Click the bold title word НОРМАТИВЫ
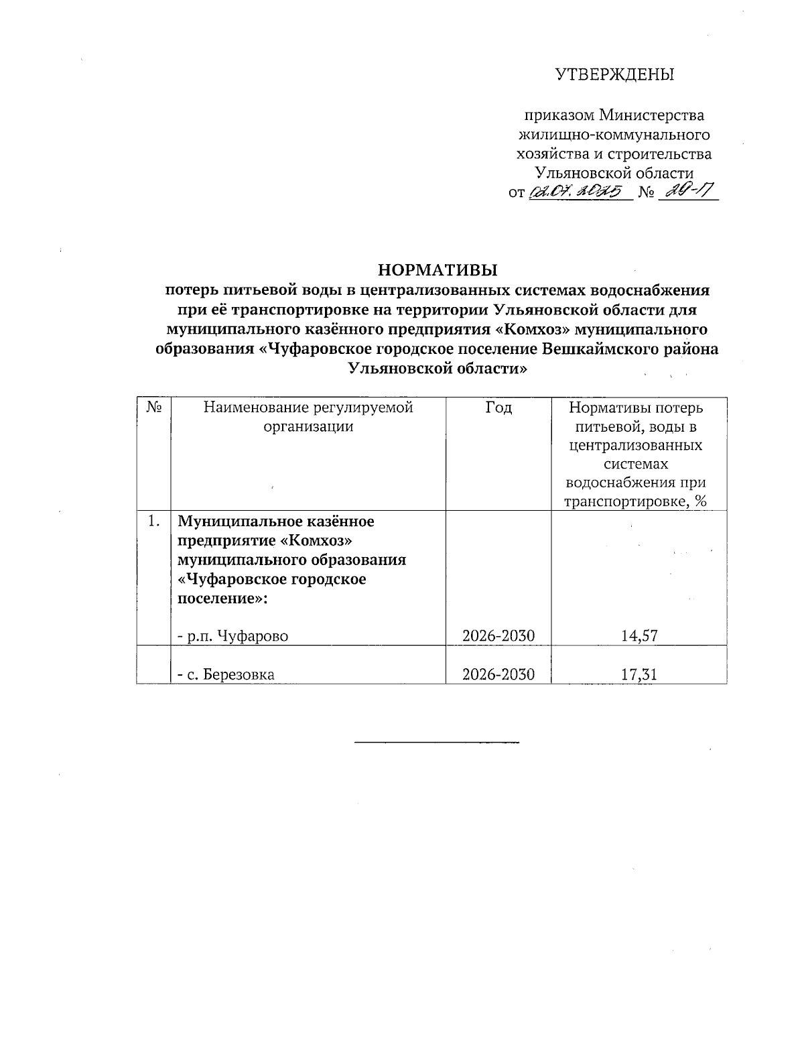(438, 271)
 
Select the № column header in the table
(153, 408)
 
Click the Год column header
(498, 408)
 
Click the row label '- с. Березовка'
(226, 675)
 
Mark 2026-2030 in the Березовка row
(498, 674)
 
